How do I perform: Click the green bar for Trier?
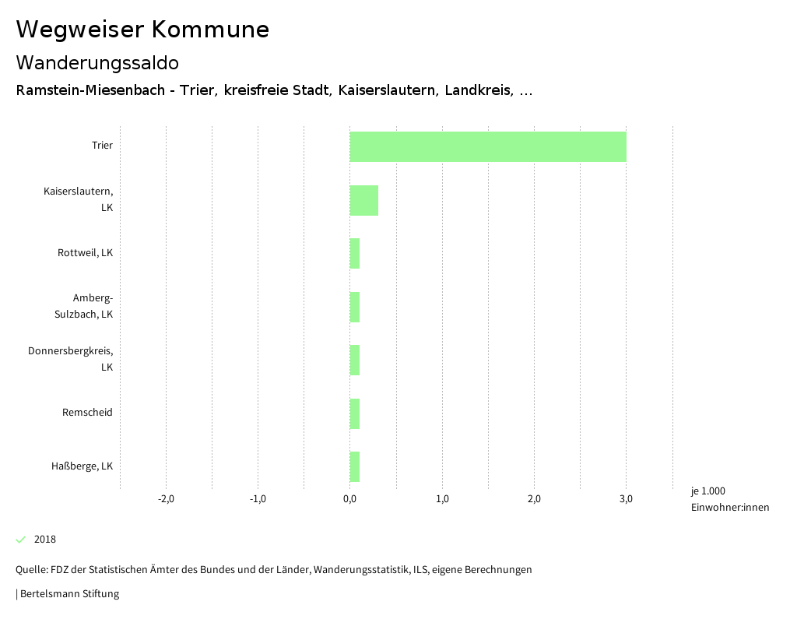pyautogui.click(x=488, y=146)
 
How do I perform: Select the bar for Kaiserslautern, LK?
pyautogui.click(x=363, y=200)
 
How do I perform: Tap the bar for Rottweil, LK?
pyautogui.click(x=355, y=253)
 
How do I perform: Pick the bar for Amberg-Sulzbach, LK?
pyautogui.click(x=355, y=307)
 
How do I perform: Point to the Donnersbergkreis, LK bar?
pyautogui.click(x=355, y=360)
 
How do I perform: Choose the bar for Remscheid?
pyautogui.click(x=355, y=413)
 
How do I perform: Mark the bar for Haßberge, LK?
pyautogui.click(x=355, y=466)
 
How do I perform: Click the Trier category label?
pyautogui.click(x=102, y=146)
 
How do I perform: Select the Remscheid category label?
pyautogui.click(x=87, y=412)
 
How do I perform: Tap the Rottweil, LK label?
pyautogui.click(x=85, y=253)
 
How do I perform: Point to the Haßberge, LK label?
pyautogui.click(x=82, y=466)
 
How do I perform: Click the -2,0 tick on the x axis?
pyautogui.click(x=166, y=499)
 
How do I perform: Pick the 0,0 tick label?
pyautogui.click(x=349, y=499)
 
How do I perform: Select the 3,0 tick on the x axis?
pyautogui.click(x=626, y=499)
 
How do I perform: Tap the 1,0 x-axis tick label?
pyautogui.click(x=442, y=499)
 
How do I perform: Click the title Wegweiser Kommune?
pyautogui.click(x=142, y=30)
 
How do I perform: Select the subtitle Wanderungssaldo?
pyautogui.click(x=97, y=62)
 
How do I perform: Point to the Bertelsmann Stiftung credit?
pyautogui.click(x=68, y=594)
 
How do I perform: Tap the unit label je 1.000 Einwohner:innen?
pyautogui.click(x=729, y=499)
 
